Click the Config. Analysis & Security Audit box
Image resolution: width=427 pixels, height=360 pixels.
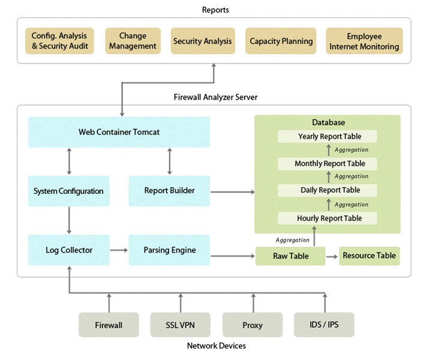pyautogui.click(x=60, y=41)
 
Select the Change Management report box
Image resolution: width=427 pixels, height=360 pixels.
pyautogui.click(x=133, y=41)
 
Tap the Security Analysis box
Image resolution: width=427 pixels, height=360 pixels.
pyautogui.click(x=202, y=41)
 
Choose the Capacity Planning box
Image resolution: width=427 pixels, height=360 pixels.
pyautogui.click(x=281, y=41)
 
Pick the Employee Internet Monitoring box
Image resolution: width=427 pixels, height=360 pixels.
pyautogui.click(x=364, y=41)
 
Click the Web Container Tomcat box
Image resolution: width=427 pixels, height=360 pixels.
pyautogui.click(x=119, y=131)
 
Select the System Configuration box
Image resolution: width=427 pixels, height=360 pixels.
pyautogui.click(x=68, y=191)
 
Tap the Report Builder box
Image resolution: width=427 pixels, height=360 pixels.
pyautogui.click(x=169, y=191)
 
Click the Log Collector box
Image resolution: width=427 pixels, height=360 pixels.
pyautogui.click(x=69, y=250)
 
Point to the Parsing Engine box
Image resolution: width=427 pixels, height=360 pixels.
pyautogui.click(x=169, y=250)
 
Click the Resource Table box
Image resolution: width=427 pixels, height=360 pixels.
pyautogui.click(x=369, y=256)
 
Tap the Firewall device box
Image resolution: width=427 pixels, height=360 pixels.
pyautogui.click(x=109, y=325)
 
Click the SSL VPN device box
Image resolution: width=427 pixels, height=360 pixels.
pyautogui.click(x=181, y=325)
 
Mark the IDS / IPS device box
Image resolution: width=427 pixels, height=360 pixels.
pyautogui.click(x=324, y=325)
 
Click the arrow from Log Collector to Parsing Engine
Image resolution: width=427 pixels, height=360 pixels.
pyautogui.click(x=119, y=250)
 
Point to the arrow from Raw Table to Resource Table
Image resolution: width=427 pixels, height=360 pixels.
pyautogui.click(x=332, y=256)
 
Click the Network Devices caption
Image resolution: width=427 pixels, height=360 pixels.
pyautogui.click(x=216, y=346)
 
